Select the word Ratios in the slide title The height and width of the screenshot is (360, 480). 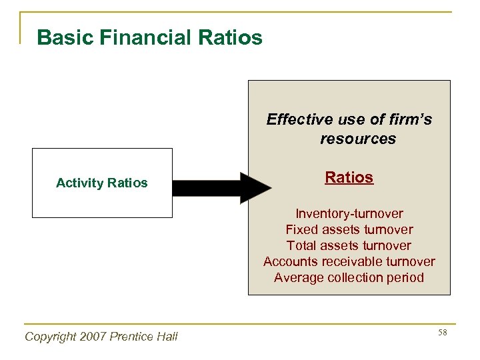[230, 37]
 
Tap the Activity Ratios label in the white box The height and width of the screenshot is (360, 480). [102, 183]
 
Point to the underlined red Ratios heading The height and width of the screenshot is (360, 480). [349, 177]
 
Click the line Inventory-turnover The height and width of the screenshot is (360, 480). [349, 213]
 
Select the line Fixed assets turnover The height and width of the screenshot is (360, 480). [349, 229]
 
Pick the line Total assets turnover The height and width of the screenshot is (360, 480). [349, 245]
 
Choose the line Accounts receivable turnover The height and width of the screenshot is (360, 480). [349, 261]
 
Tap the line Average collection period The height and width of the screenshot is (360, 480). [349, 277]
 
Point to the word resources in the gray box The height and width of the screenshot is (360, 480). [357, 139]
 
